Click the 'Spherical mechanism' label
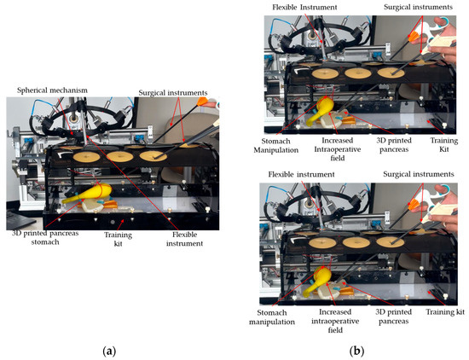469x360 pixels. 52,90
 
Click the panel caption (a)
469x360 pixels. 109,351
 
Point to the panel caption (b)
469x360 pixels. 356,351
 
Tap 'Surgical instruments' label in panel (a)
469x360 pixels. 173,93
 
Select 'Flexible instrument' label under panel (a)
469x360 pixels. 184,239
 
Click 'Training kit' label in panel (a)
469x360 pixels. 119,239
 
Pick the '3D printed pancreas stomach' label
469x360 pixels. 45,238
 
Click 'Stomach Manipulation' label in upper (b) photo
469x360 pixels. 275,145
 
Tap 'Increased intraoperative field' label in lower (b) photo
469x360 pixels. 335,321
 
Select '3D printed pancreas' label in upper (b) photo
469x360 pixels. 394,145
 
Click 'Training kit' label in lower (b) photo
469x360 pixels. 445,312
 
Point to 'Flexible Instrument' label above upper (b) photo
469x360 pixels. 304,7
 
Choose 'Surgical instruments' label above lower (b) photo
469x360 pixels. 419,174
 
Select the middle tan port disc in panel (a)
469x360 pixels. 120,156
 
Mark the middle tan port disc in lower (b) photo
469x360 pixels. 356,242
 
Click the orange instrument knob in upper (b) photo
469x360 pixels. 414,38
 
